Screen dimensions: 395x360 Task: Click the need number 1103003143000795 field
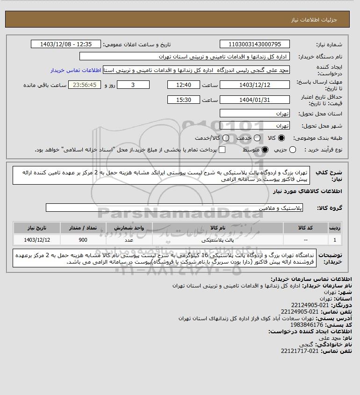(x=254, y=44)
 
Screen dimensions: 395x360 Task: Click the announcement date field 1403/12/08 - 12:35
(x=65, y=44)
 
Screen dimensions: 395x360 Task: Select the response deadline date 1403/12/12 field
(x=254, y=85)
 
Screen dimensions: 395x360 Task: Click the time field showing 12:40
(x=184, y=85)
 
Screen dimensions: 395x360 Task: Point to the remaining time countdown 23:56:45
(x=85, y=85)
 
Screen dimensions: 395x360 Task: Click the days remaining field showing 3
(x=133, y=85)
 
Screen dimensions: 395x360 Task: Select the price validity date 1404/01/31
(x=254, y=100)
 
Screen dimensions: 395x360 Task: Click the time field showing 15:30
(x=184, y=100)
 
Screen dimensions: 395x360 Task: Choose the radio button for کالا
(x=281, y=138)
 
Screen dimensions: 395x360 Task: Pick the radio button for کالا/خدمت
(x=226, y=138)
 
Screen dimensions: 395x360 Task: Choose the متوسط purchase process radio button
(x=265, y=150)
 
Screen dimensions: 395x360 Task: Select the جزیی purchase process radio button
(x=293, y=150)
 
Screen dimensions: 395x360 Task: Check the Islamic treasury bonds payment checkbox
(x=222, y=150)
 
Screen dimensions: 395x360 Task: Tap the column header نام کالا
(x=217, y=228)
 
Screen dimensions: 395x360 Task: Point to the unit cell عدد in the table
(x=130, y=240)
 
